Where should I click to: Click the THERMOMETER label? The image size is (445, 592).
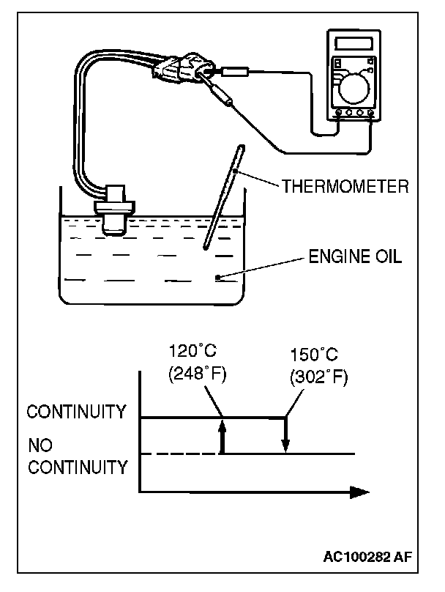pos(344,185)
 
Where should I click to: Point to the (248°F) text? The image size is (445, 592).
pos(196,374)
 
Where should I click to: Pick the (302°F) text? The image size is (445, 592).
pos(318,377)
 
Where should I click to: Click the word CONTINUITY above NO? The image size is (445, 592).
pos(76,412)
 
